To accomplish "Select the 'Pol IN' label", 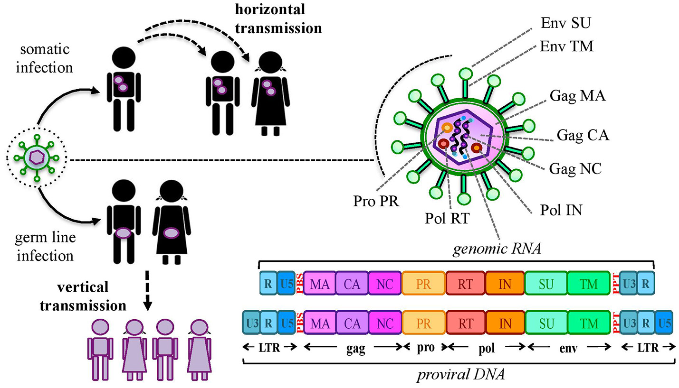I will click(x=561, y=209).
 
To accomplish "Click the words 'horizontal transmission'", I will click(x=278, y=18).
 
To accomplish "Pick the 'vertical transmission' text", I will click(x=83, y=296).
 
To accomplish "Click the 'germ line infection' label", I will click(x=45, y=247).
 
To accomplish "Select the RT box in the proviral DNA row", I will click(x=466, y=323).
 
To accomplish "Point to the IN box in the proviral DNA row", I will click(x=505, y=323).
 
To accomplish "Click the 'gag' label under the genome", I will click(x=355, y=349).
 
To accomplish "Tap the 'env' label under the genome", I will click(x=568, y=349).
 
